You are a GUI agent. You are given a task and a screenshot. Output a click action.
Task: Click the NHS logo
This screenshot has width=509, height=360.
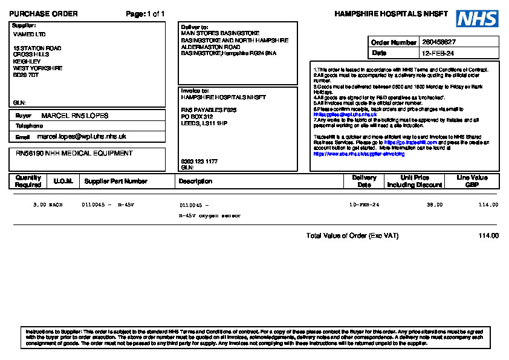[477, 19]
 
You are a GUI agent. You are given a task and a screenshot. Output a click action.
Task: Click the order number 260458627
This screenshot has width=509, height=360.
[439, 42]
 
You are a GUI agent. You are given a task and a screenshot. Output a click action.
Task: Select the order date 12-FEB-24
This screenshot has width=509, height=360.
[438, 53]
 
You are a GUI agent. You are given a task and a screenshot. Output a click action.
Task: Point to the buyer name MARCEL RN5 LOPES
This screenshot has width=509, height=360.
[75, 115]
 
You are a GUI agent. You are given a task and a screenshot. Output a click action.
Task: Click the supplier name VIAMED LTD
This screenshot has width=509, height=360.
[29, 34]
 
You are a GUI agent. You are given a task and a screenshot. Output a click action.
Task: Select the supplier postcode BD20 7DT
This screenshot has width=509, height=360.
[26, 75]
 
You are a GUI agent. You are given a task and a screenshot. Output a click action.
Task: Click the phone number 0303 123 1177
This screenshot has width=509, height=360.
[199, 162]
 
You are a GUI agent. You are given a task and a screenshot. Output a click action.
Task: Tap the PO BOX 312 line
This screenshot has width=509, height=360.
[197, 116]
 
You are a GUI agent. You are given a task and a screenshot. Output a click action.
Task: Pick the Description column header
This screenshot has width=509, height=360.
[195, 181]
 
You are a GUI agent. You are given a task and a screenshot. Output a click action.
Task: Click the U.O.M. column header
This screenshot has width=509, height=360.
[63, 181]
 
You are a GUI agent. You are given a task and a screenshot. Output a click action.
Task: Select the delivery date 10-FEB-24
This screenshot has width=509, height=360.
[365, 205]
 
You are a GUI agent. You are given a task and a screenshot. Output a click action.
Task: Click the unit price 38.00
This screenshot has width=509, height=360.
[435, 205]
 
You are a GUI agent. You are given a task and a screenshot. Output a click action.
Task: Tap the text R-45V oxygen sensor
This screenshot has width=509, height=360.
[210, 215]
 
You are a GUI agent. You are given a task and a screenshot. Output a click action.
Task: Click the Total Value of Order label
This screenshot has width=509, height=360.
[352, 235]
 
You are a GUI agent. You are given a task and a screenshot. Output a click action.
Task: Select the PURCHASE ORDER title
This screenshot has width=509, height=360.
[44, 14]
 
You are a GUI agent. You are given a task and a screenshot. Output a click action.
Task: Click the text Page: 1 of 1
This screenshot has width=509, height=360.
[145, 14]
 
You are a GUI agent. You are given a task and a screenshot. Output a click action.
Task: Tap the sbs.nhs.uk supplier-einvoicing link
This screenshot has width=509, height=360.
[359, 154]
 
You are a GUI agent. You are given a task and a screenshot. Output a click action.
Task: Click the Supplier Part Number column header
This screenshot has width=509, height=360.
[116, 181]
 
